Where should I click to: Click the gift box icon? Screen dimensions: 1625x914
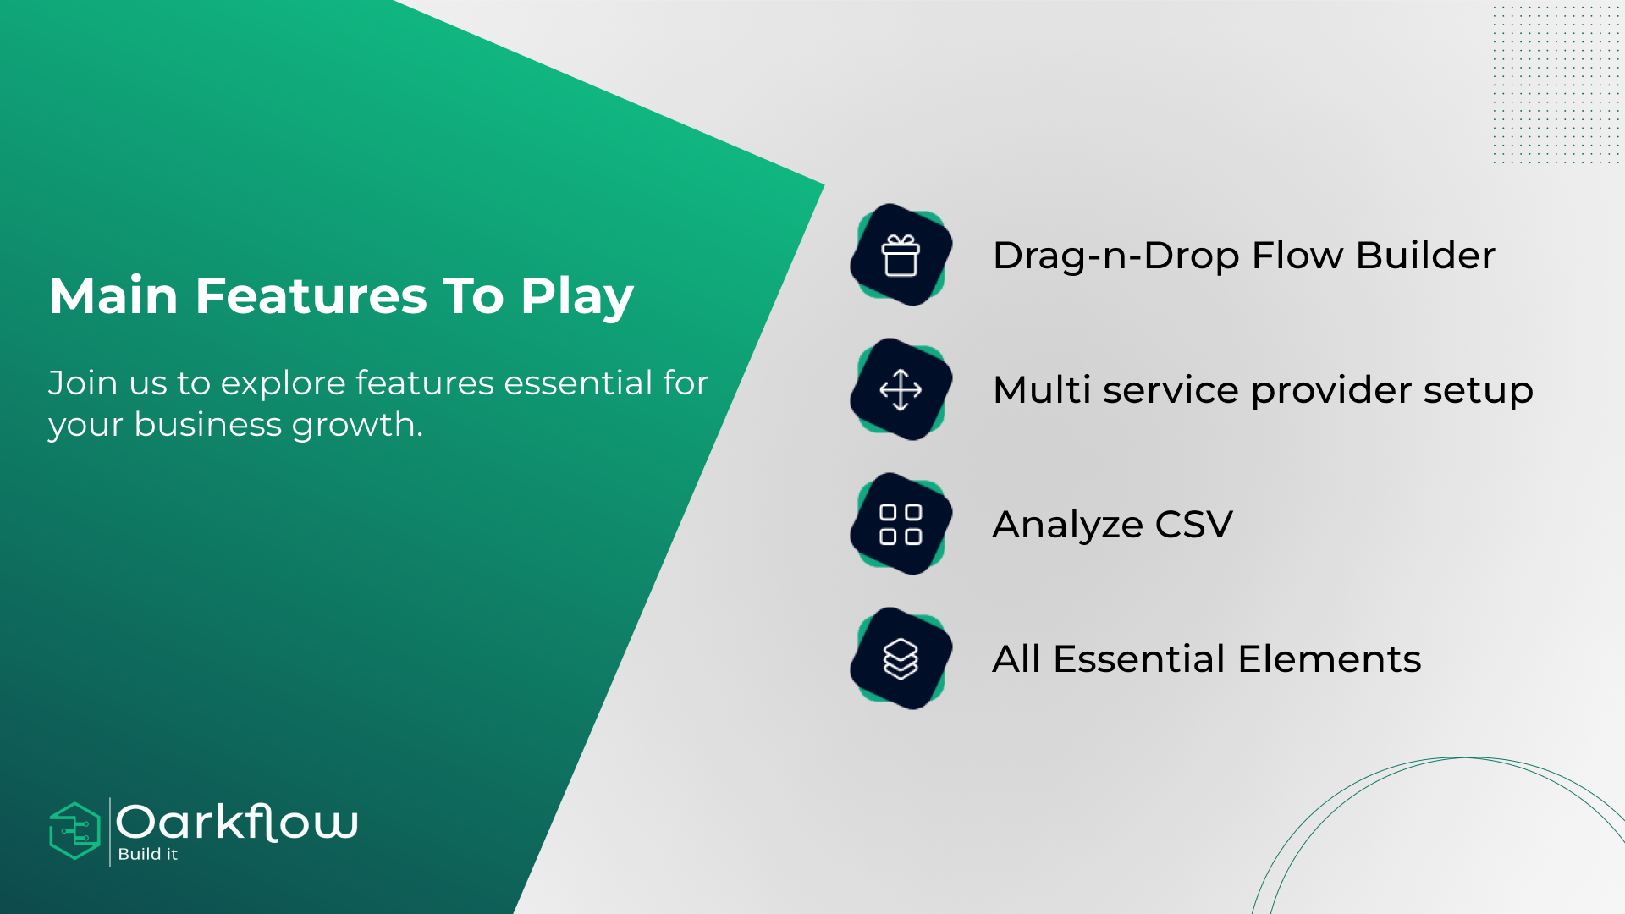901,256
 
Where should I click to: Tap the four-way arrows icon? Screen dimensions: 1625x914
901,390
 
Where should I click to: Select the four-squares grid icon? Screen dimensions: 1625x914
901,524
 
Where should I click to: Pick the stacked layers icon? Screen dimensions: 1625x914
901,658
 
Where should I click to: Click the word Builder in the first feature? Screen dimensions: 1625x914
1425,255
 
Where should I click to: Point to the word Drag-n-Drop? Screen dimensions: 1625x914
1116,256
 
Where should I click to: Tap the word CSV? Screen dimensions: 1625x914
1194,524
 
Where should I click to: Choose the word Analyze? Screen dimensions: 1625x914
1067,526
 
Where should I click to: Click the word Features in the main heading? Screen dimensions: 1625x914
311,295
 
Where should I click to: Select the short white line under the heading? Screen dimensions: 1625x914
96,344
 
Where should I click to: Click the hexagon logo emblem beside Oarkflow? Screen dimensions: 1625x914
75,831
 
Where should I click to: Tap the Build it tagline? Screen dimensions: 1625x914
148,854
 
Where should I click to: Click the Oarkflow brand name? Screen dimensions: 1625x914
237,822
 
